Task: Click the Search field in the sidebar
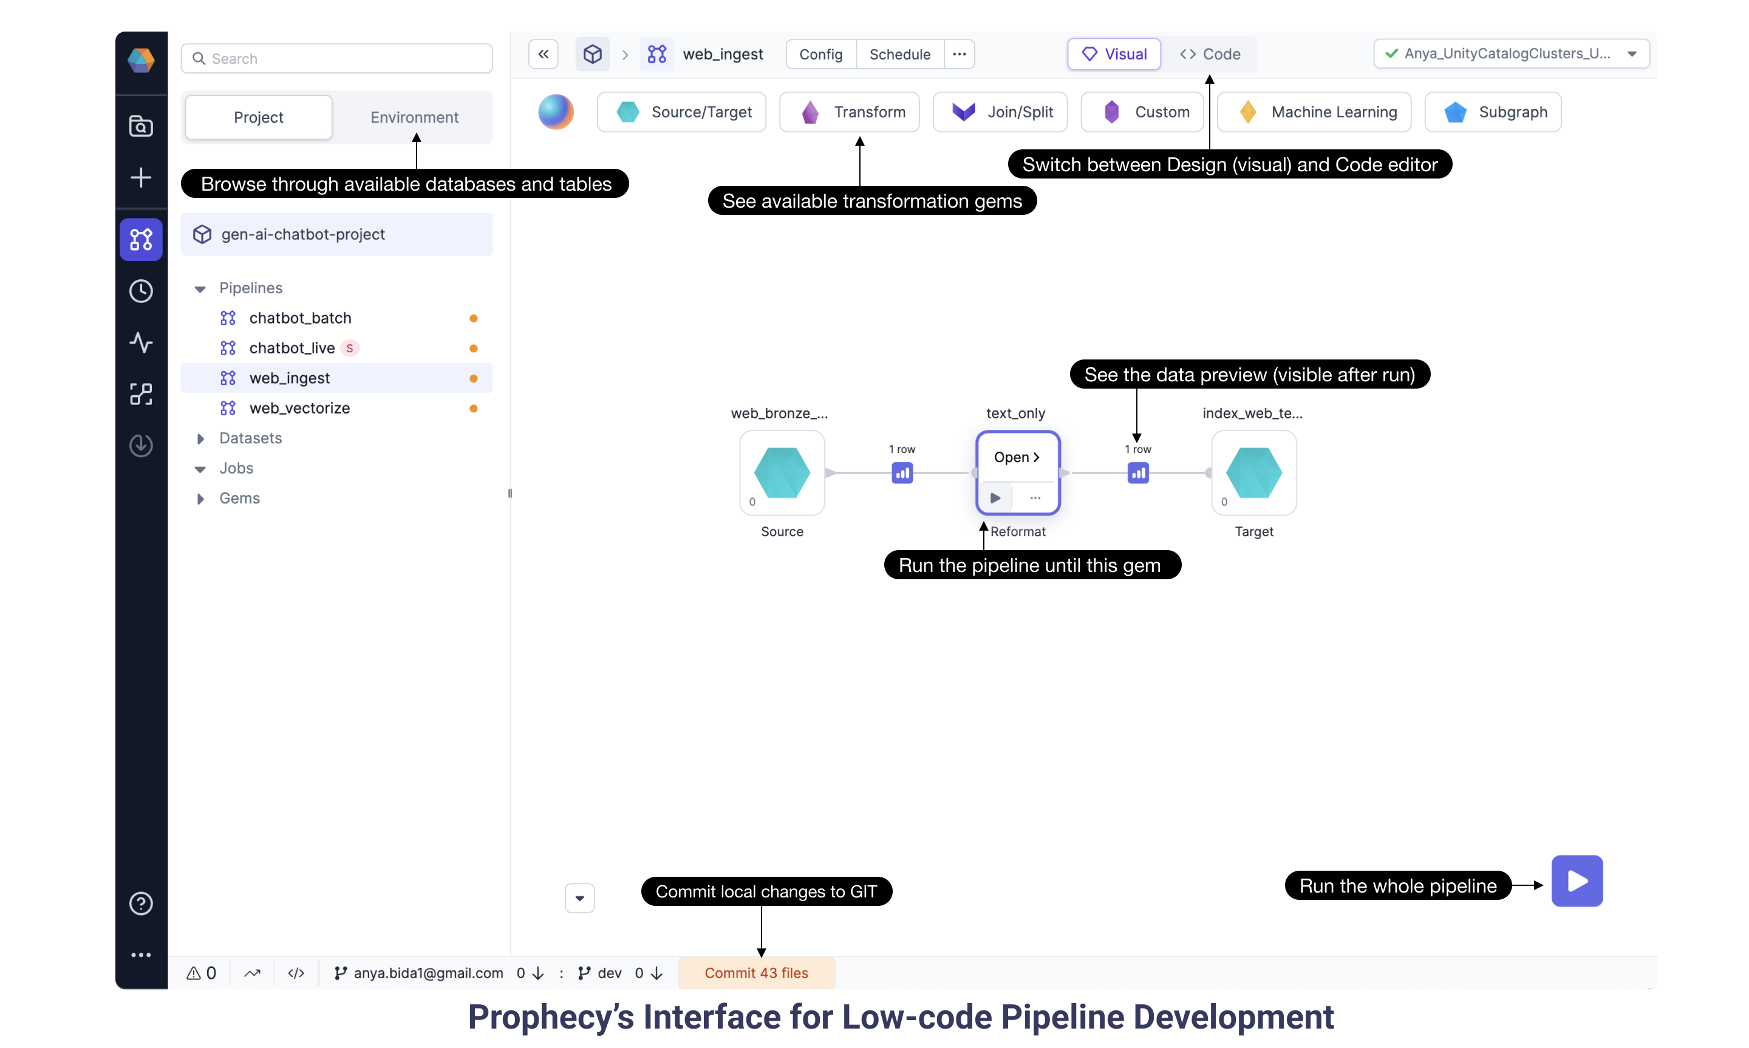click(x=337, y=59)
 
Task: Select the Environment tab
click(x=415, y=117)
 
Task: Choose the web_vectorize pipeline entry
click(x=299, y=408)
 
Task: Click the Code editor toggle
click(x=1210, y=55)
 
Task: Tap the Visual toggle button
click(x=1114, y=55)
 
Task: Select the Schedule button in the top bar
click(x=899, y=55)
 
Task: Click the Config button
click(x=820, y=55)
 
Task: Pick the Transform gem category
click(x=850, y=112)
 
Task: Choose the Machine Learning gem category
click(x=1314, y=112)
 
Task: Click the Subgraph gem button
click(x=1493, y=112)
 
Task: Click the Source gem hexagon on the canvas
click(x=782, y=473)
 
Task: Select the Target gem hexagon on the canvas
click(x=1253, y=473)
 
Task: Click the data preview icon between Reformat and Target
click(x=1137, y=473)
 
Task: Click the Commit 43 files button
click(x=756, y=973)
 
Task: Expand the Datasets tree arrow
click(x=200, y=438)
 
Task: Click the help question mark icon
click(x=141, y=903)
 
